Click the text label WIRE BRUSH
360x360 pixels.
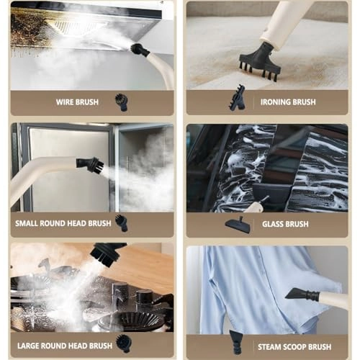coord(77,102)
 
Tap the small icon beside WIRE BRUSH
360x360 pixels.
coord(122,102)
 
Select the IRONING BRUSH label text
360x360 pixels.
coord(288,102)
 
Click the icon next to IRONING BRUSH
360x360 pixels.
coord(238,98)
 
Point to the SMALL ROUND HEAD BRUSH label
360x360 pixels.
coord(63,223)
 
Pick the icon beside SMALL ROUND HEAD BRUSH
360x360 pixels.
coord(122,223)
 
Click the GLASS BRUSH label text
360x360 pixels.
coord(285,224)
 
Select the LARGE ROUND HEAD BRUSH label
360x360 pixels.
coord(65,346)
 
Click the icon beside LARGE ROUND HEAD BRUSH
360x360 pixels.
coord(124,344)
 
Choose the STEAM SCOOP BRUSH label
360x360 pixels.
coord(294,347)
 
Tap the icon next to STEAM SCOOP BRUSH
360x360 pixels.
coord(236,342)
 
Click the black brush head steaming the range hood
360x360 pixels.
coord(140,50)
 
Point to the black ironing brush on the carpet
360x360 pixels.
coord(260,62)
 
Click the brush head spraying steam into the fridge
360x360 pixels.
coord(90,164)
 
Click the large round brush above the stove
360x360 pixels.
coord(107,253)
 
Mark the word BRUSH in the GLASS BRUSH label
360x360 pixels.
coord(297,224)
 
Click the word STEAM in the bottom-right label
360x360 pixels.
coord(269,347)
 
